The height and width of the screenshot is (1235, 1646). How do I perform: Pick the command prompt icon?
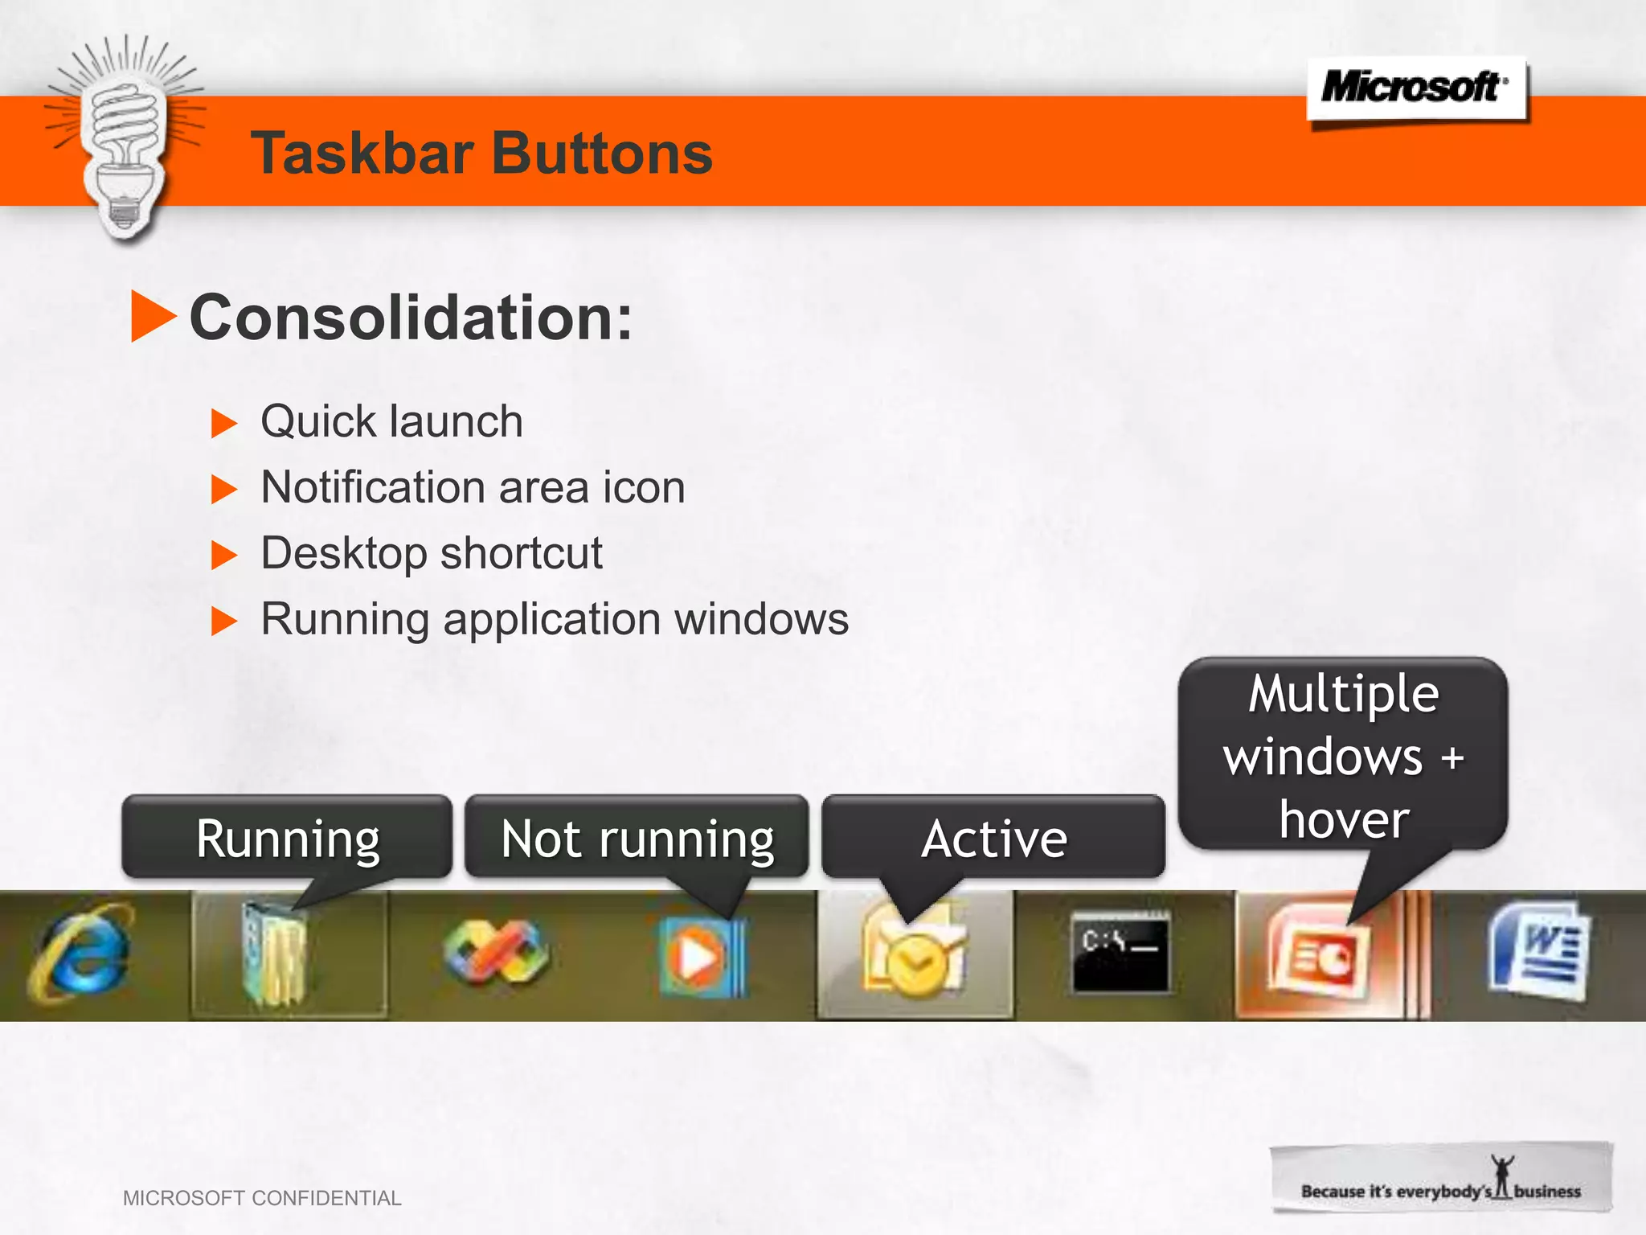pyautogui.click(x=1120, y=953)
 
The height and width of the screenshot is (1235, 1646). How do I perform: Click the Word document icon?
pyautogui.click(x=1537, y=953)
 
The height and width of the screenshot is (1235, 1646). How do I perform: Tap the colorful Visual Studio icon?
pyautogui.click(x=496, y=954)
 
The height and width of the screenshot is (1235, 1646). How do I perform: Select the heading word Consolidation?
pyautogui.click(x=410, y=318)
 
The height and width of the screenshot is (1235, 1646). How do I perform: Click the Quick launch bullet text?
pyautogui.click(x=391, y=421)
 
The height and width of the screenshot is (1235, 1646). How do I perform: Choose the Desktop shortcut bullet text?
pyautogui.click(x=432, y=553)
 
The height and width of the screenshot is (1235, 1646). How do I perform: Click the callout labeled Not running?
pyautogui.click(x=637, y=838)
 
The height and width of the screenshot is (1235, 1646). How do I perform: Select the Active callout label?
pyautogui.click(x=993, y=838)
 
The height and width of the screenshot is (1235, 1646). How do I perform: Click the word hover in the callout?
pyautogui.click(x=1344, y=819)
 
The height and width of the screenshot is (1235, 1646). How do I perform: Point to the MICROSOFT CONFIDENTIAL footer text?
pyautogui.click(x=262, y=1198)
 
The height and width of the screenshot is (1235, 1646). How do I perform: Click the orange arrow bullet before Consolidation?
pyautogui.click(x=152, y=317)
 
